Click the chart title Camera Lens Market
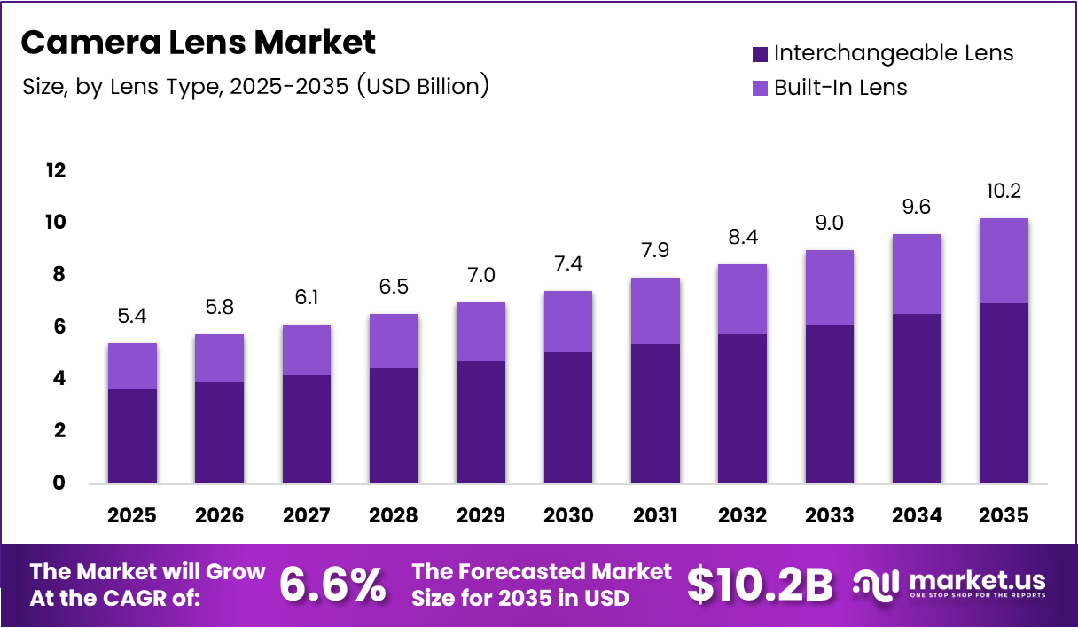(x=198, y=42)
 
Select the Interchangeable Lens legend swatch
(x=760, y=54)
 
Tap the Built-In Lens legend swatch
(x=760, y=88)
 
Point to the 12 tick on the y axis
(x=55, y=170)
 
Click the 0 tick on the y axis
(x=59, y=483)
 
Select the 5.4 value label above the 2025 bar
(x=132, y=316)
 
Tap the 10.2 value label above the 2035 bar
(x=1004, y=191)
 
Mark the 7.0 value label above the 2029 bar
(x=480, y=275)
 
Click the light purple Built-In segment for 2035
(x=1004, y=261)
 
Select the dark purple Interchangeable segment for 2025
(x=132, y=436)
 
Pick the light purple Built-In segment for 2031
(x=655, y=310)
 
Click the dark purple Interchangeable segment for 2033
(x=829, y=404)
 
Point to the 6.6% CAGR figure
(x=332, y=585)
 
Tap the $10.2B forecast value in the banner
(x=760, y=585)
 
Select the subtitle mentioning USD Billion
(x=254, y=87)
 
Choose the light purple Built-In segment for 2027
(x=307, y=349)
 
